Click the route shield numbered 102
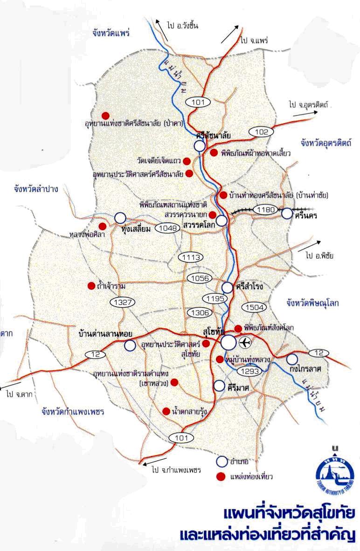point(262,132)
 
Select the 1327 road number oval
point(123,302)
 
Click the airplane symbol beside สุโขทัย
point(245,343)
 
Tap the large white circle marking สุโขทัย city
point(228,343)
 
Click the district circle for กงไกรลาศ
point(292,359)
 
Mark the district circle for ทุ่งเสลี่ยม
point(120,218)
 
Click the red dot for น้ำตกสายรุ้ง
point(166,411)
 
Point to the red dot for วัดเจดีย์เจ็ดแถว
point(187,161)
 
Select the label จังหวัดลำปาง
point(39,189)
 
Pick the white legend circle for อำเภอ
point(222,461)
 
